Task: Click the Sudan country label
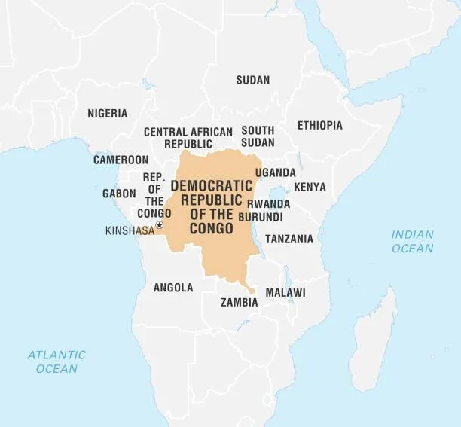(x=252, y=80)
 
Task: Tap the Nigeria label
(x=107, y=114)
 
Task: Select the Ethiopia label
(x=319, y=125)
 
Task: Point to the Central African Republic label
(x=188, y=137)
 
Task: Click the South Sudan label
(x=258, y=136)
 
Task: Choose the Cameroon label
(x=121, y=160)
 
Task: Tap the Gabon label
(x=119, y=194)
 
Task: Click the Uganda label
(x=275, y=172)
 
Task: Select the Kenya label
(x=310, y=187)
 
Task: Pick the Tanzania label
(x=289, y=239)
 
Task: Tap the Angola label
(x=173, y=288)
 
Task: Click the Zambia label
(x=239, y=303)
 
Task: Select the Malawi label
(x=285, y=292)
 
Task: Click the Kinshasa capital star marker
(x=159, y=225)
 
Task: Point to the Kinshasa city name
(x=130, y=230)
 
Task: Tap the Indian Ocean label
(x=412, y=241)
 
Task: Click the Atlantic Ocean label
(x=56, y=361)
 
